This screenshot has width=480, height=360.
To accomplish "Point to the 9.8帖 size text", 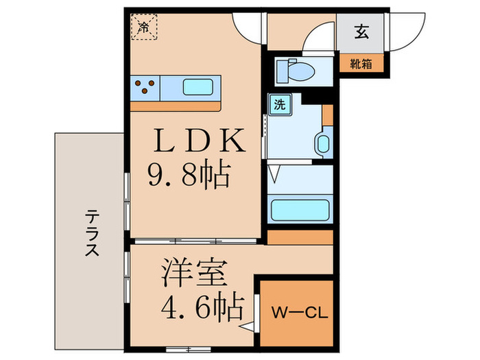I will click(x=189, y=178).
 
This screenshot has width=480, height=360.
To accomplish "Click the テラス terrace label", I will click(x=91, y=233).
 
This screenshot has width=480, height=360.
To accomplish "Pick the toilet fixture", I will click(x=296, y=70).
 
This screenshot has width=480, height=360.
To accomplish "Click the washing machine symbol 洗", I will click(x=280, y=105).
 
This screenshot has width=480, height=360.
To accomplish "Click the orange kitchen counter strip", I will click(x=176, y=107).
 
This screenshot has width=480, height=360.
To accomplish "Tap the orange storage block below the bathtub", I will click(x=300, y=237).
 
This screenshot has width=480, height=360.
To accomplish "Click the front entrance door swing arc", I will click(x=405, y=31).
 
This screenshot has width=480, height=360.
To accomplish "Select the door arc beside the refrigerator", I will click(x=248, y=27).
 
